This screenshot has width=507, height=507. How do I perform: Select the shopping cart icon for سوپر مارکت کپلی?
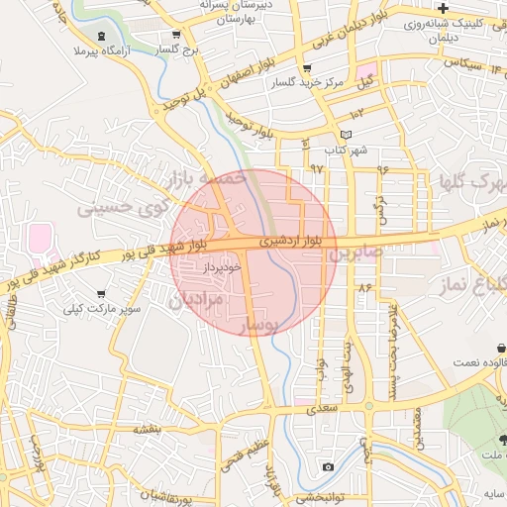coord(101,294)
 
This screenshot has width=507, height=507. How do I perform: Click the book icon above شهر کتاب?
coord(345,135)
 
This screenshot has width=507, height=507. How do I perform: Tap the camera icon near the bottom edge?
coord(328,466)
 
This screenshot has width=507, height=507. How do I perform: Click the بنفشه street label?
coord(148,428)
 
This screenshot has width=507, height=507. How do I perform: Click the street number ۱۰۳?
coord(356,116)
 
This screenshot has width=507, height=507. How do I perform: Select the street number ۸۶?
coord(364,287)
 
